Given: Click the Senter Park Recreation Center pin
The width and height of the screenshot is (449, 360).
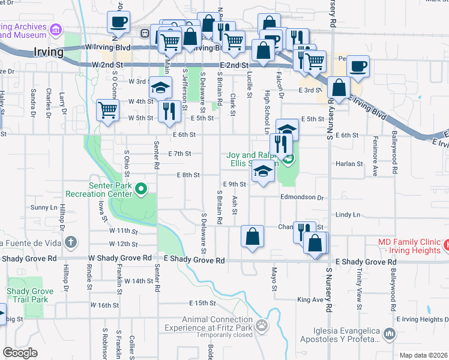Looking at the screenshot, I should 141,190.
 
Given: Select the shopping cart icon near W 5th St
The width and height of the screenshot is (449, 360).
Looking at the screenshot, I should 107,110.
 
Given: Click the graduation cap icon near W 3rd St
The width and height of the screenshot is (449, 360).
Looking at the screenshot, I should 160,89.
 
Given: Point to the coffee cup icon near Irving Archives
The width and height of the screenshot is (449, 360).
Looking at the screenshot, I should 118,22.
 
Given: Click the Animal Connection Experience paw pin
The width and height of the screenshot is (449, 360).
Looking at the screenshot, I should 262,326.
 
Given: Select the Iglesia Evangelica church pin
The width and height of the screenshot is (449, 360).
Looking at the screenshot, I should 389,332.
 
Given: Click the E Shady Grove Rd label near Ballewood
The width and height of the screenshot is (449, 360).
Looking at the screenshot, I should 366,262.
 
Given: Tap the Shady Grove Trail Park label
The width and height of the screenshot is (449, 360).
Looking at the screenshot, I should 26,295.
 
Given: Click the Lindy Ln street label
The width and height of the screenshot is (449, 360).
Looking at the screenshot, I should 348,214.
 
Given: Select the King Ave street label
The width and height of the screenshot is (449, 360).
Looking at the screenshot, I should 310,299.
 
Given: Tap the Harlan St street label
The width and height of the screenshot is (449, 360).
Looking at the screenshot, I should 351,163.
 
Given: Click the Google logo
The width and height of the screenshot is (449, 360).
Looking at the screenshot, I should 20,353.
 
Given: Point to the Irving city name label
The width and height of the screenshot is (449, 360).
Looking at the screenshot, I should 49,52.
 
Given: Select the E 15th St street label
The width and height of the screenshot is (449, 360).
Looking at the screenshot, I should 202,303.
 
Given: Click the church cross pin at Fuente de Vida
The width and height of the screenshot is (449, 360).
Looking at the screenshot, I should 71,242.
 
